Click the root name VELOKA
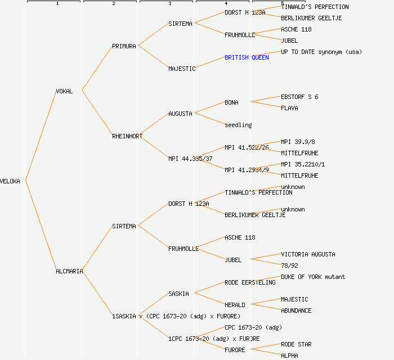pyautogui.click(x=10, y=181)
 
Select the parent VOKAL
pyautogui.click(x=64, y=91)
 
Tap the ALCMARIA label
pyautogui.click(x=69, y=271)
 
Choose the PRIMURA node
pyautogui.click(x=124, y=46)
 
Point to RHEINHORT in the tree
pyautogui.click(x=127, y=136)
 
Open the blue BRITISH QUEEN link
pyautogui.click(x=247, y=57)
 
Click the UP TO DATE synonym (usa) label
pyautogui.click(x=321, y=52)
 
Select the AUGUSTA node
pyautogui.click(x=180, y=114)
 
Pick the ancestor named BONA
pyautogui.click(x=231, y=102)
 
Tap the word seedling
pyautogui.click(x=238, y=125)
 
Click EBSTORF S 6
pyautogui.click(x=299, y=97)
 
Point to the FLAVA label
pyautogui.click(x=289, y=108)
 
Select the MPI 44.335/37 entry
pyautogui.click(x=190, y=159)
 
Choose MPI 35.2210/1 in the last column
pyautogui.click(x=303, y=164)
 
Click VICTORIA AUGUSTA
pyautogui.click(x=308, y=254)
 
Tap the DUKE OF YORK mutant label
pyautogui.click(x=313, y=277)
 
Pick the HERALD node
pyautogui.click(x=235, y=305)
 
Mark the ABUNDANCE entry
pyautogui.click(x=296, y=310)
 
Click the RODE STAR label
pyautogui.click(x=296, y=344)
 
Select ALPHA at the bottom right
pyautogui.click(x=289, y=355)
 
